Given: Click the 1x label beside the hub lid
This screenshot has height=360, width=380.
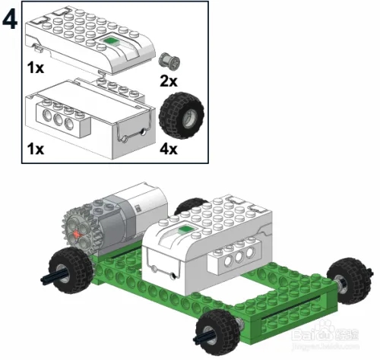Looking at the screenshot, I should pos(35,68).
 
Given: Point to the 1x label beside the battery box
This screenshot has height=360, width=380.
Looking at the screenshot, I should pos(35,148).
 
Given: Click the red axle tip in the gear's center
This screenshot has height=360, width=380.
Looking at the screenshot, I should pos(77,234).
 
